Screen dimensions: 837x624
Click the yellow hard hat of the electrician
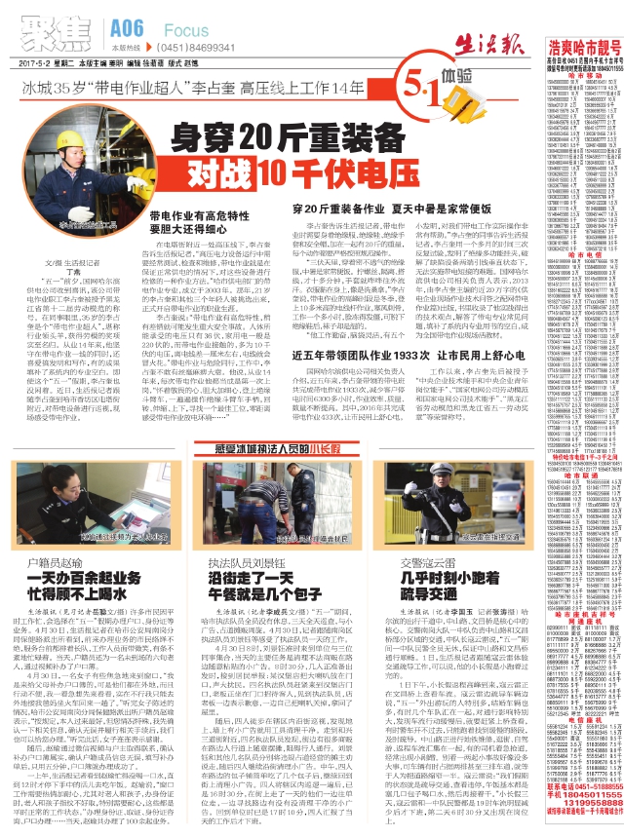(82, 126)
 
